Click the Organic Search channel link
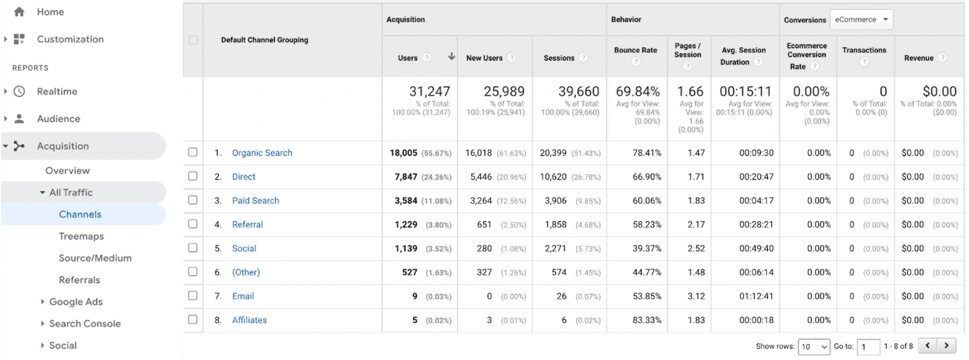coord(262,153)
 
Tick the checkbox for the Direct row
coord(193,176)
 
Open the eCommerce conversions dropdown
coord(861,20)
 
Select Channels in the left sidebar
coord(80,215)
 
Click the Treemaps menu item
coord(81,236)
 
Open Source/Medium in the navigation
coord(95,258)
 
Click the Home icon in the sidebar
coord(19,12)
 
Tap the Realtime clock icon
coord(19,92)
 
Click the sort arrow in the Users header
coord(451,57)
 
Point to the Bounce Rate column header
coord(635,50)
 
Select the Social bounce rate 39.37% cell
coord(647,248)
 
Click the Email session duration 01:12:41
coord(756,296)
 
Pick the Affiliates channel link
coord(249,320)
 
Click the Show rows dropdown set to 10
coord(814,347)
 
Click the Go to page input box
coord(868,347)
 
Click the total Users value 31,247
coord(429,92)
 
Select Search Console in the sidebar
coord(85,324)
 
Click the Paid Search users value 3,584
coord(406,201)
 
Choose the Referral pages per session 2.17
coord(696,225)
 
